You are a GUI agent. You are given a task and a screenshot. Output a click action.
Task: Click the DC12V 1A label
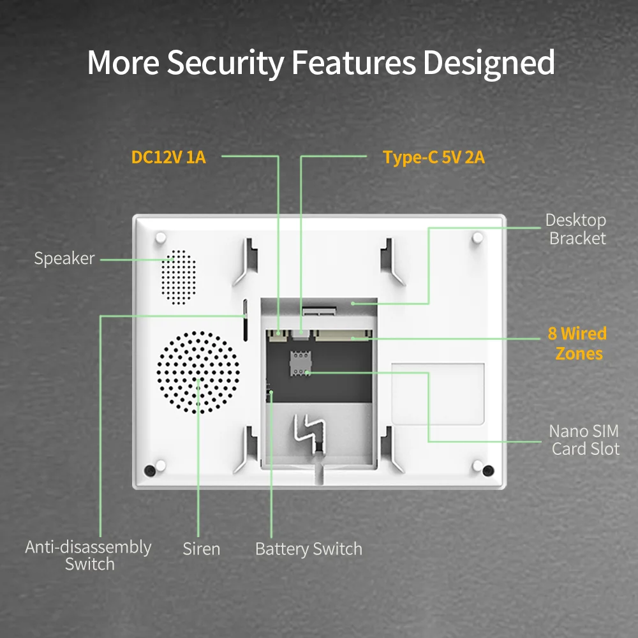(x=168, y=157)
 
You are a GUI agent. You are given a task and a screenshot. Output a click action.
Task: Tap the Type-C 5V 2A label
(x=434, y=157)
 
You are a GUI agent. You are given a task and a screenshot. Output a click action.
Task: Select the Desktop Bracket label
(x=576, y=229)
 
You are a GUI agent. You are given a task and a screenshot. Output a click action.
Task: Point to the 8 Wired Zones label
(x=577, y=343)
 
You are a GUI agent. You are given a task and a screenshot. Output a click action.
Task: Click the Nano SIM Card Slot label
(x=585, y=440)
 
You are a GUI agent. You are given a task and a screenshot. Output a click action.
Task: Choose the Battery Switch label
(x=308, y=549)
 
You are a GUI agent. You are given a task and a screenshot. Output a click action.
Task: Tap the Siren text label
(x=201, y=549)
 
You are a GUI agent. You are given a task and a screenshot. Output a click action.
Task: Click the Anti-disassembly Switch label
(x=89, y=555)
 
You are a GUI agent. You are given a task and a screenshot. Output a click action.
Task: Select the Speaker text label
(x=64, y=258)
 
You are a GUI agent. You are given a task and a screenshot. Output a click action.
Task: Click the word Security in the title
(x=225, y=63)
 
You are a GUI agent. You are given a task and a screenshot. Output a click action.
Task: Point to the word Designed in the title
(x=488, y=63)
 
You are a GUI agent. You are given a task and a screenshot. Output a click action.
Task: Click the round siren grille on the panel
(x=198, y=373)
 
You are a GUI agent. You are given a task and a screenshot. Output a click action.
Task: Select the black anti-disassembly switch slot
(x=245, y=320)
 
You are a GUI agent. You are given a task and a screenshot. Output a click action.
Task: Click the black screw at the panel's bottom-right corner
(x=488, y=471)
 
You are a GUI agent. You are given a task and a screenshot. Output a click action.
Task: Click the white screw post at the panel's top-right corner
(x=477, y=237)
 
